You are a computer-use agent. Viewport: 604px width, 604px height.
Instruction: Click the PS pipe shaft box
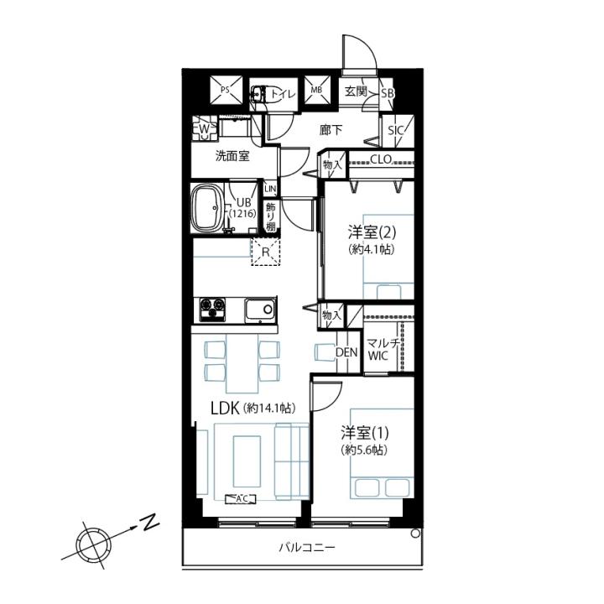point(226,91)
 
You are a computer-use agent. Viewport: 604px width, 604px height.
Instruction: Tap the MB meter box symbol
point(318,90)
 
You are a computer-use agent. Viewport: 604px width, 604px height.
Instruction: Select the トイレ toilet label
point(283,94)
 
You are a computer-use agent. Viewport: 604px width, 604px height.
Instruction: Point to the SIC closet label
point(395,131)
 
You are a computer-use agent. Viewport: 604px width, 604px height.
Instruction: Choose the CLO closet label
point(381,159)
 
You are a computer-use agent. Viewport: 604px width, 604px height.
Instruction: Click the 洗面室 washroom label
point(232,156)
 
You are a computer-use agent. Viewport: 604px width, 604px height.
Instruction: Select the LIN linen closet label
point(270,189)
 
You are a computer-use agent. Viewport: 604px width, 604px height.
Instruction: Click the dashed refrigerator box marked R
point(266,252)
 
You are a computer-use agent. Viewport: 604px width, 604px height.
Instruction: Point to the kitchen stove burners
point(212,310)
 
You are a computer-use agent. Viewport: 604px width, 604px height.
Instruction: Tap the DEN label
point(346,352)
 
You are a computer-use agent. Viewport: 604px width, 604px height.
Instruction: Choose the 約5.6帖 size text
point(364,450)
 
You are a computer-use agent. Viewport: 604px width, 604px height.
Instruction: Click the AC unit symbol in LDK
point(241,499)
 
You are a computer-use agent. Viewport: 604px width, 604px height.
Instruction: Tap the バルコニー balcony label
point(307,547)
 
